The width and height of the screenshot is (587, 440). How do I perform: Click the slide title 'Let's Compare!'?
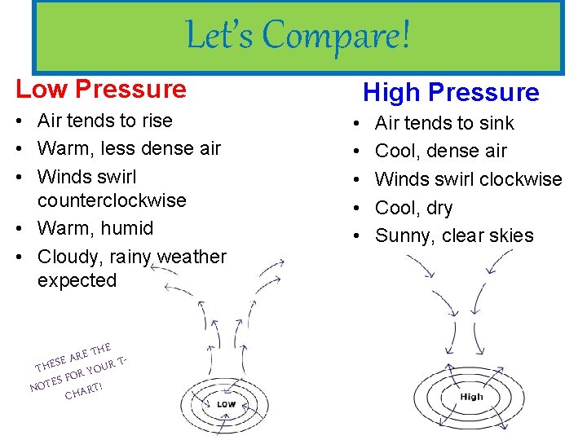coord(298,36)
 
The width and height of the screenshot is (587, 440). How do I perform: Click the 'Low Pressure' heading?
coord(101,88)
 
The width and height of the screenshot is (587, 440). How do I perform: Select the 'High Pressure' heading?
coord(451,93)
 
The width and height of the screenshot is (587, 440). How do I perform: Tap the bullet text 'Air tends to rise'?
coord(105,121)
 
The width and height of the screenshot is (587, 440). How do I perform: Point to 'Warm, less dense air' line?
coord(129,148)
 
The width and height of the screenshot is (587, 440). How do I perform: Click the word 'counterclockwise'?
coord(112,200)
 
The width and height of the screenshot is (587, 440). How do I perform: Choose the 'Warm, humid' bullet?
coord(95,228)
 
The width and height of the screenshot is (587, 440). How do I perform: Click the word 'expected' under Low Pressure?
coord(77,280)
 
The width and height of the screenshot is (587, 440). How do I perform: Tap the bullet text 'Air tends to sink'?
coord(444,123)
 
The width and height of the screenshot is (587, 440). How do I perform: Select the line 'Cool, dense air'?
coord(440,151)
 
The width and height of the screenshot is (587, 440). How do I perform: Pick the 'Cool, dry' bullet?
coord(413,208)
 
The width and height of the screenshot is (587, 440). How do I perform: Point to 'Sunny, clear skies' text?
coord(454,235)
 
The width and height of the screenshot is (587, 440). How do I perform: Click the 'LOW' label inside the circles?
coord(226,404)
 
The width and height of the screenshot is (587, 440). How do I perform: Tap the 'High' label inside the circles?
coord(471,397)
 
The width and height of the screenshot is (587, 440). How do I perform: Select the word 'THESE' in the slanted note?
coord(51,361)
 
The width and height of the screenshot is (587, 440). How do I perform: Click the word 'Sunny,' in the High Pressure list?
coord(401,235)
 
